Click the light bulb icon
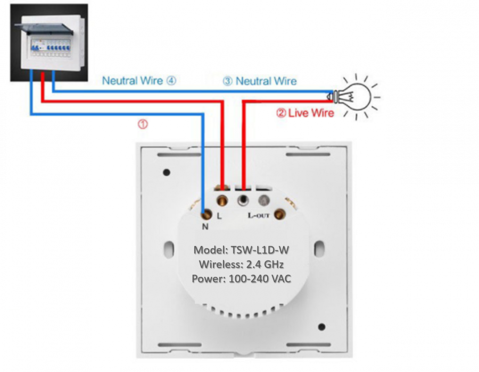click(354, 97)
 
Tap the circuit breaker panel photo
click(49, 43)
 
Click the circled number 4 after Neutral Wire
click(171, 80)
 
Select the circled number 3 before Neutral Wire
click(228, 81)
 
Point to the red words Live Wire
click(311, 113)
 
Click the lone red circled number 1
click(143, 124)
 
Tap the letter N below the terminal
click(205, 226)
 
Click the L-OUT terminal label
click(259, 215)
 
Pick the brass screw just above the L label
click(222, 200)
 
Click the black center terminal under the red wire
click(243, 200)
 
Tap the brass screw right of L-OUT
click(278, 214)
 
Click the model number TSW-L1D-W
click(260, 250)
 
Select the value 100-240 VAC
click(260, 278)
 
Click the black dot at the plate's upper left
click(167, 172)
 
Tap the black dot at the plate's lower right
click(321, 327)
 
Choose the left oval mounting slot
click(169, 249)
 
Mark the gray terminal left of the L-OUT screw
click(263, 200)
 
